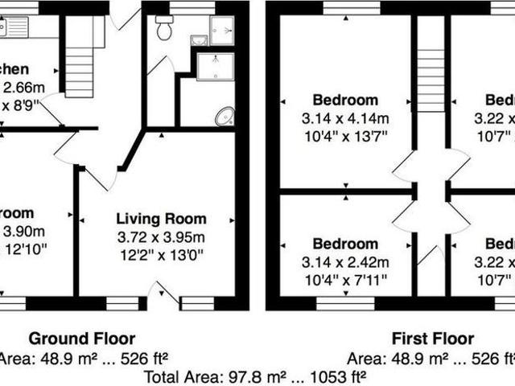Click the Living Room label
[x=161, y=219]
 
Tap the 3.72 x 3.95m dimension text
[x=161, y=237]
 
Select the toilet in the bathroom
[x=165, y=31]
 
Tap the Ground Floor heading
[x=82, y=339]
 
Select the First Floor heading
[x=432, y=339]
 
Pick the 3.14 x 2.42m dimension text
[x=345, y=262]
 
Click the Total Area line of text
[x=254, y=375]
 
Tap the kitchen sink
[x=14, y=27]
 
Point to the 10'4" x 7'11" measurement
[x=345, y=280]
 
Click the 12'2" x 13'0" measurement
[x=161, y=255]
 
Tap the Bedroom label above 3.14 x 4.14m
[x=345, y=101]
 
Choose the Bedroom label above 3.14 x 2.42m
[x=345, y=244]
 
